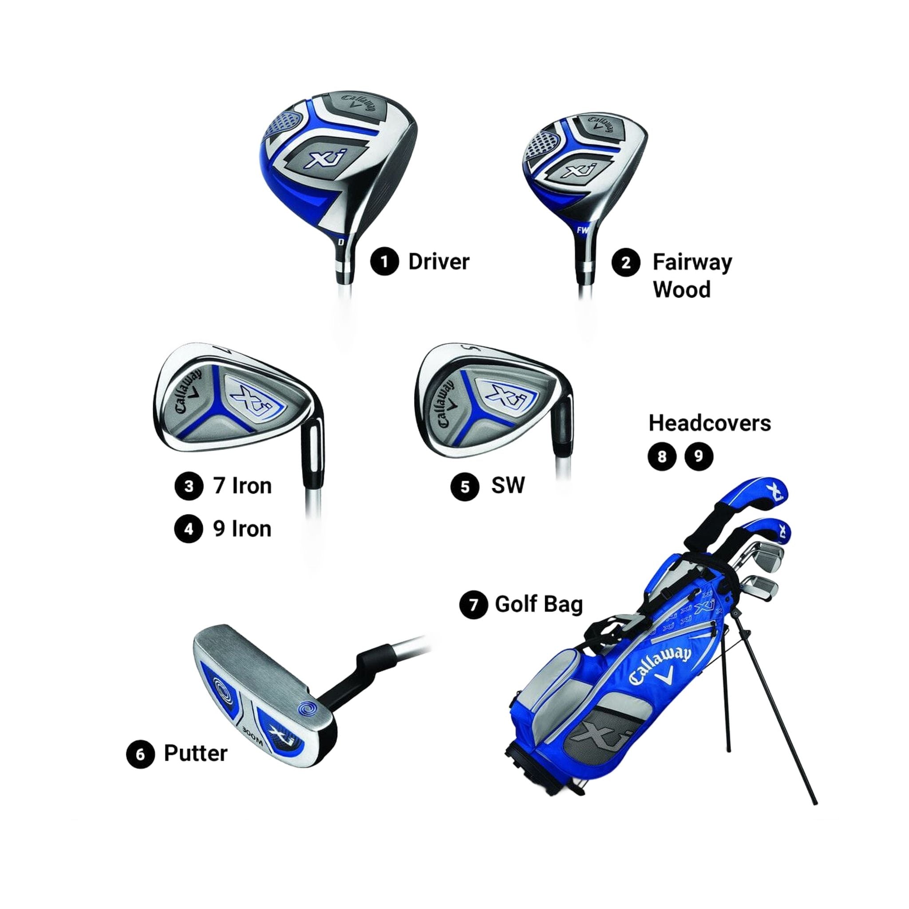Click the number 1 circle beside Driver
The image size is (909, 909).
click(384, 261)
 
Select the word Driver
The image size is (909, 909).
click(439, 262)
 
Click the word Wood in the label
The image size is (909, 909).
click(681, 289)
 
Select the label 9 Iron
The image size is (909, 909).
click(242, 529)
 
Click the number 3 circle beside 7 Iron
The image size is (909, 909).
click(189, 486)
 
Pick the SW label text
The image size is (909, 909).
click(507, 485)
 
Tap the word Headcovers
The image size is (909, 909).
click(710, 423)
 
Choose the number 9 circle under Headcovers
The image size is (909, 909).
click(699, 456)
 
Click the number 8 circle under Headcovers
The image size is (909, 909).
click(662, 456)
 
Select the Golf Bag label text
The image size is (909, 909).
click(538, 604)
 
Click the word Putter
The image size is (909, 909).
click(195, 753)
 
